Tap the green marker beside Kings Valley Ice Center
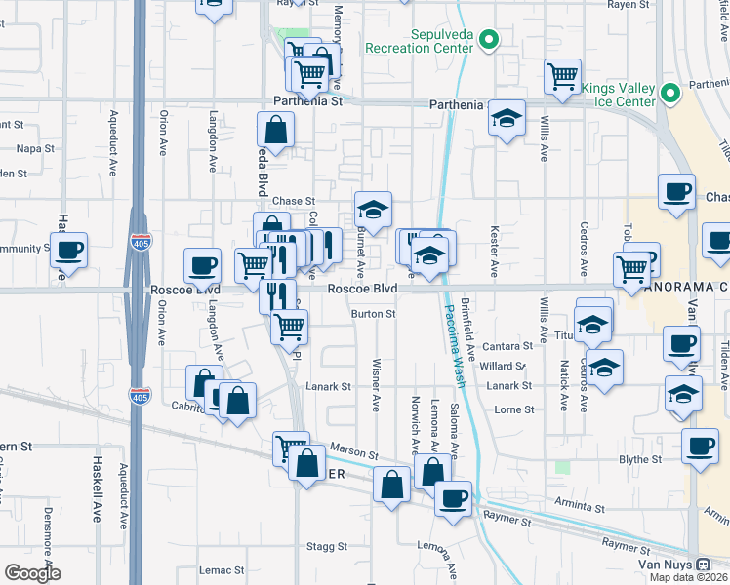coord(669,94)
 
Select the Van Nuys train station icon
coord(703,565)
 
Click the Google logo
coord(32,573)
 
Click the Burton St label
coord(374,314)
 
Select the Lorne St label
coord(514,409)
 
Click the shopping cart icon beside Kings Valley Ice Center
coord(562,76)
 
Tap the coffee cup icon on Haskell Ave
coord(68,250)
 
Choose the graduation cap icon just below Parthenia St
coord(506,118)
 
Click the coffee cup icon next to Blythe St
coord(699,447)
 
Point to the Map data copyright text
coord(688,577)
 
